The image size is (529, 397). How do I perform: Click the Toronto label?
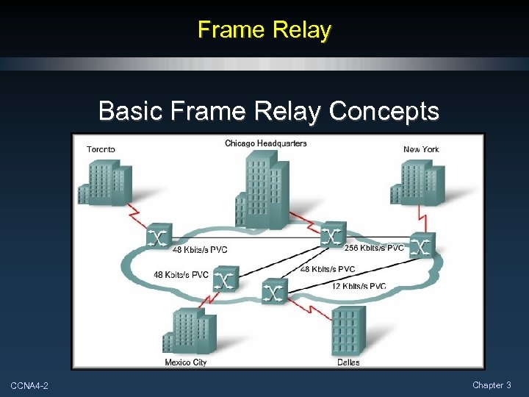point(101,149)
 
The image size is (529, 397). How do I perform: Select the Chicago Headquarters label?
point(266,143)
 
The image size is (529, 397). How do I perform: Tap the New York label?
point(421,149)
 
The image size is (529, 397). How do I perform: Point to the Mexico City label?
point(186,362)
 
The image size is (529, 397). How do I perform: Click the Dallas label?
point(348,362)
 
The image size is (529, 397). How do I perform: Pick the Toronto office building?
point(104,182)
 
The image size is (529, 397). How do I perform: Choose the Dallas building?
point(348,331)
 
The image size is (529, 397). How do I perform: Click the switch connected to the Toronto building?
point(158,236)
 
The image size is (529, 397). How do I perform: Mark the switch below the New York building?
point(422,245)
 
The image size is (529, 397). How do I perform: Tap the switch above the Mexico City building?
point(226,279)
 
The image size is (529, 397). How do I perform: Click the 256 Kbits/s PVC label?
point(374,248)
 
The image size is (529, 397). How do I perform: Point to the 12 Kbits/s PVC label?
point(359,286)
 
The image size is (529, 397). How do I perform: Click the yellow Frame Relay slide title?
point(264,30)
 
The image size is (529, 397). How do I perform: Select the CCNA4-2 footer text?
point(29,386)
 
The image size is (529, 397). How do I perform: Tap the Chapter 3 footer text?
point(492,385)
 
